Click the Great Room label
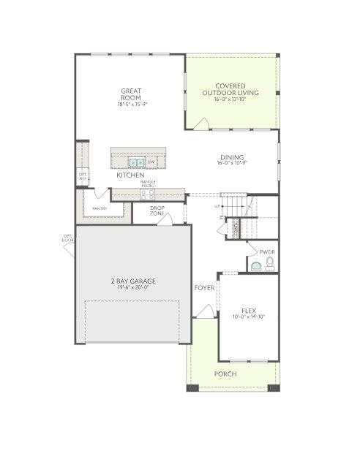point(131,94)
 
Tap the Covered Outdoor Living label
point(231,90)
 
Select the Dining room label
point(232,157)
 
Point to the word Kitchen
point(130,175)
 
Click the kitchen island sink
point(136,162)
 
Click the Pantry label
point(100,208)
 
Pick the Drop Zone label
point(157,210)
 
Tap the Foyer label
point(204,288)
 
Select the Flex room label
point(248,311)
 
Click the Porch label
point(225,374)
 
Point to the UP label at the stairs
point(217,206)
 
